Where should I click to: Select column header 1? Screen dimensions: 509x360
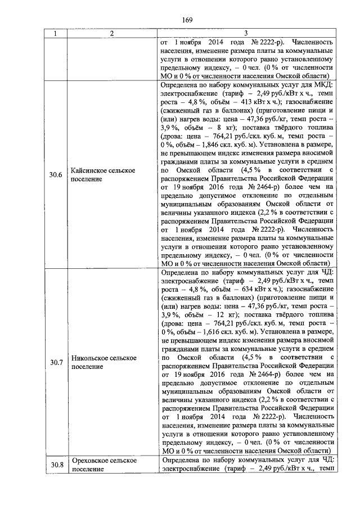click(55, 34)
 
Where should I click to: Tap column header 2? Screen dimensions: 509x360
click(112, 34)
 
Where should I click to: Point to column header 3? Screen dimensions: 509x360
click(246, 34)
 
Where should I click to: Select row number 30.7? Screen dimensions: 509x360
click(55, 362)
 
